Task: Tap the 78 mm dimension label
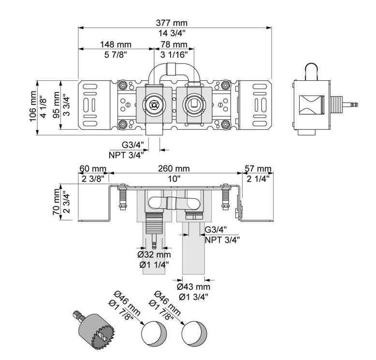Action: coord(174,44)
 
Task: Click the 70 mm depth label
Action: coord(57,203)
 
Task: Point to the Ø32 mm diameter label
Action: coord(154,255)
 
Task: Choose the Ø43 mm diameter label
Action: coord(193,286)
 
